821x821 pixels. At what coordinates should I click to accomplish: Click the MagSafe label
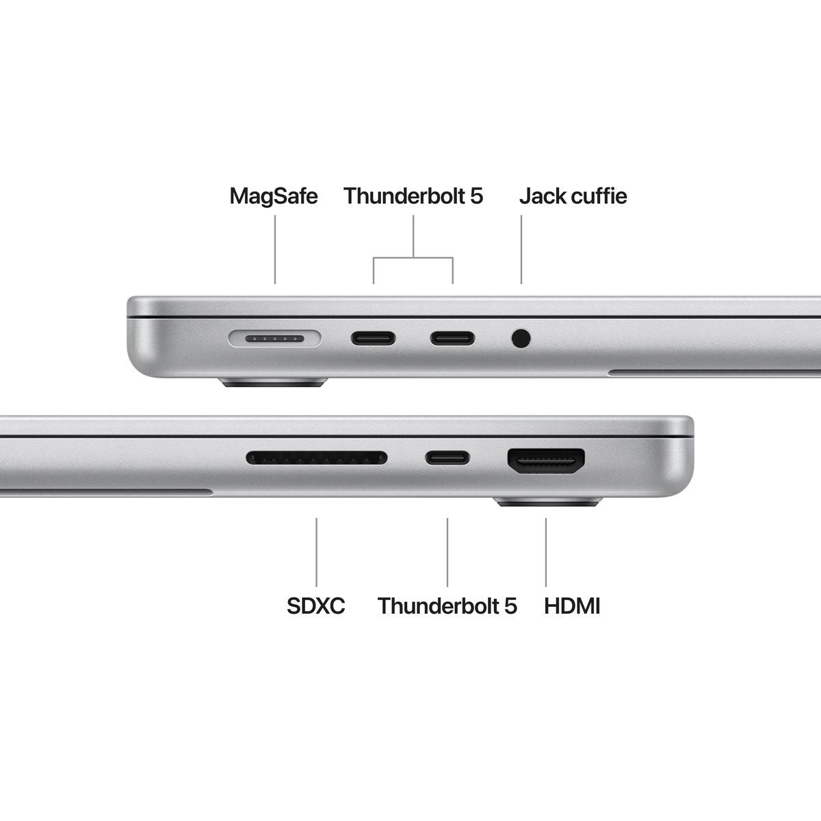pos(274,196)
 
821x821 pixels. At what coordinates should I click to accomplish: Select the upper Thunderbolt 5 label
pos(413,196)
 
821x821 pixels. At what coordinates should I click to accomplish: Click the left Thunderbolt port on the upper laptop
pos(373,338)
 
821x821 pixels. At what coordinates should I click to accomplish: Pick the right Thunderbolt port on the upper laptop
pos(452,338)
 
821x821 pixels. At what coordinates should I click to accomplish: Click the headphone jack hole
pos(521,338)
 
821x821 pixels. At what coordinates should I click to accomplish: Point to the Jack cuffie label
pos(573,196)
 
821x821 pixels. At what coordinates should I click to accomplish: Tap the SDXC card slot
pos(317,457)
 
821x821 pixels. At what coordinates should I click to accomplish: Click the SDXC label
pos(316,605)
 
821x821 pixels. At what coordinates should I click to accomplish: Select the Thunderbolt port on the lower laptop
pos(447,457)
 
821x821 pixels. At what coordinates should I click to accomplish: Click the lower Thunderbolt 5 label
pos(447,605)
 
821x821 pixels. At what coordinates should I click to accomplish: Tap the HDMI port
pos(546,462)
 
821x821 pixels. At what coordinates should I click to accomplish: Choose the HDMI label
pos(572,605)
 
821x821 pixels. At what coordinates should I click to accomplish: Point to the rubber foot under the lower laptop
pos(547,502)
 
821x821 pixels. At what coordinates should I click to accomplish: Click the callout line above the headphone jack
pos(521,249)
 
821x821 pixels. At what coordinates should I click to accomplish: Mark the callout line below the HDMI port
pos(546,551)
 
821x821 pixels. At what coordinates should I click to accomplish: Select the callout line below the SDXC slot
pos(316,551)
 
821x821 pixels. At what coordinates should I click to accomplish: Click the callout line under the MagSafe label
pos(275,249)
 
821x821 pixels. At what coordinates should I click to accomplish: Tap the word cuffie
pos(599,196)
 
